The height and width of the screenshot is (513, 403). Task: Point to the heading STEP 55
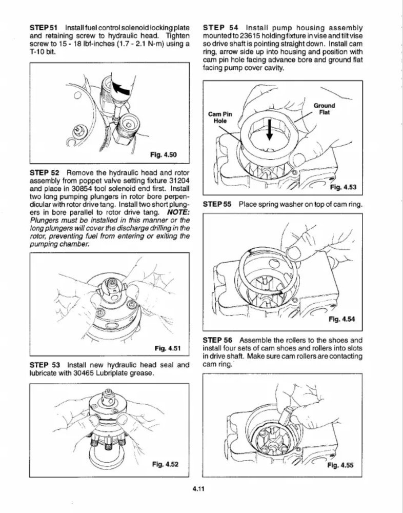[217, 204]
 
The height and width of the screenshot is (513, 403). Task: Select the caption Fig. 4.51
[167, 348]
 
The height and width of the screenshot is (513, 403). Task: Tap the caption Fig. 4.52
[165, 465]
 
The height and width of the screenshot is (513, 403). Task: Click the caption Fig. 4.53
[342, 186]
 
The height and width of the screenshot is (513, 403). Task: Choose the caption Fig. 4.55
[340, 466]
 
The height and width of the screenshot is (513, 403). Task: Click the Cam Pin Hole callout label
[220, 117]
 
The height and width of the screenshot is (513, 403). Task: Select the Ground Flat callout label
[324, 109]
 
